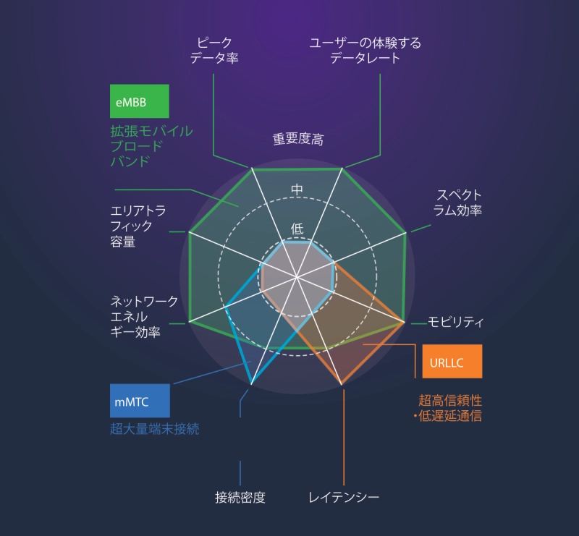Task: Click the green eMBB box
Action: coord(140,101)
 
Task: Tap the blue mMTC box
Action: coord(140,401)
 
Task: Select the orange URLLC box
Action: coord(452,361)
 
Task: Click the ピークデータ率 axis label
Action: coord(214,50)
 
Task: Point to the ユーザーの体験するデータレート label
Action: coord(365,51)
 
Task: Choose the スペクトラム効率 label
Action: coord(457,203)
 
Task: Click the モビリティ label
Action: coord(455,323)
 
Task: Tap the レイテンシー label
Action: coord(344,497)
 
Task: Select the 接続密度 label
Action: coord(240,497)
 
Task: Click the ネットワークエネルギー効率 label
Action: coord(144,316)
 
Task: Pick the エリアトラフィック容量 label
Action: coord(138,226)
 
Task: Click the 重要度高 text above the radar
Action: coord(298,139)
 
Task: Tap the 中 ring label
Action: coord(297,190)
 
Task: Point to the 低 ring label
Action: coord(297,229)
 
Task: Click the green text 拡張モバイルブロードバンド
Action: coord(151,146)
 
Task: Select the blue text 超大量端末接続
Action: coord(155,428)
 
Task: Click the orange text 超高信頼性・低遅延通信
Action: coord(448,408)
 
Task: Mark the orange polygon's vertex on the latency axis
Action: coord(342,384)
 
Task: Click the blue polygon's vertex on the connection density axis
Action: coord(251,383)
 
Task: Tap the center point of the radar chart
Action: coord(297,276)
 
